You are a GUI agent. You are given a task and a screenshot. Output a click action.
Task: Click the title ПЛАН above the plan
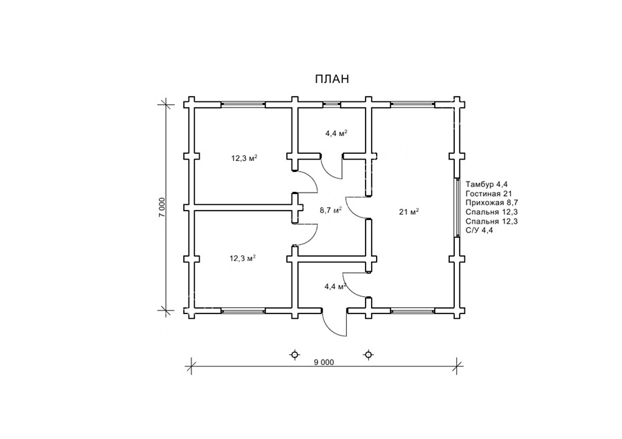click(332, 79)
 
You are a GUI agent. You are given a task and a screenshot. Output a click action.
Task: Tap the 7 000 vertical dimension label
click(162, 207)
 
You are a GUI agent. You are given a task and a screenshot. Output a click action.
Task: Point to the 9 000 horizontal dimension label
click(324, 362)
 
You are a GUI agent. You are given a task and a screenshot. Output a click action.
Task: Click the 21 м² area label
click(409, 212)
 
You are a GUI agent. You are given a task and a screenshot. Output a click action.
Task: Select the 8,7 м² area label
click(331, 210)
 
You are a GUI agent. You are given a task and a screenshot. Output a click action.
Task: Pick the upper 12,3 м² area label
click(245, 158)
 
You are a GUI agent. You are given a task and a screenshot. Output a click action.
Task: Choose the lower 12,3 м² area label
click(243, 258)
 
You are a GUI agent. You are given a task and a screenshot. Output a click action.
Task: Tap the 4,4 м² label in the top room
click(337, 133)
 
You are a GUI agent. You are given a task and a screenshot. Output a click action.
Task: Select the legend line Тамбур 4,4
click(487, 184)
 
